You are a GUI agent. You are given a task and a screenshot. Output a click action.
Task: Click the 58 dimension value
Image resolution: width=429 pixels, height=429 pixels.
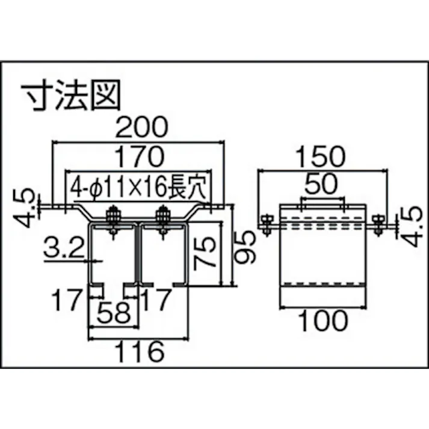(x=115, y=313)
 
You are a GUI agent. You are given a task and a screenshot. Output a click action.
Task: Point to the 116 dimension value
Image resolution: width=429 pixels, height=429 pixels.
(x=139, y=350)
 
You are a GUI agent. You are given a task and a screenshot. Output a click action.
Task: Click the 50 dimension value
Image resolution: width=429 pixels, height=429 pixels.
(x=324, y=182)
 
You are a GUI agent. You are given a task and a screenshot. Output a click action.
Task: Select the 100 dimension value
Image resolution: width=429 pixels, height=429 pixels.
(x=323, y=322)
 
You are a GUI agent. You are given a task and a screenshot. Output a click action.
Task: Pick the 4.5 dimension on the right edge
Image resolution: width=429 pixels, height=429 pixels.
(x=410, y=227)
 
